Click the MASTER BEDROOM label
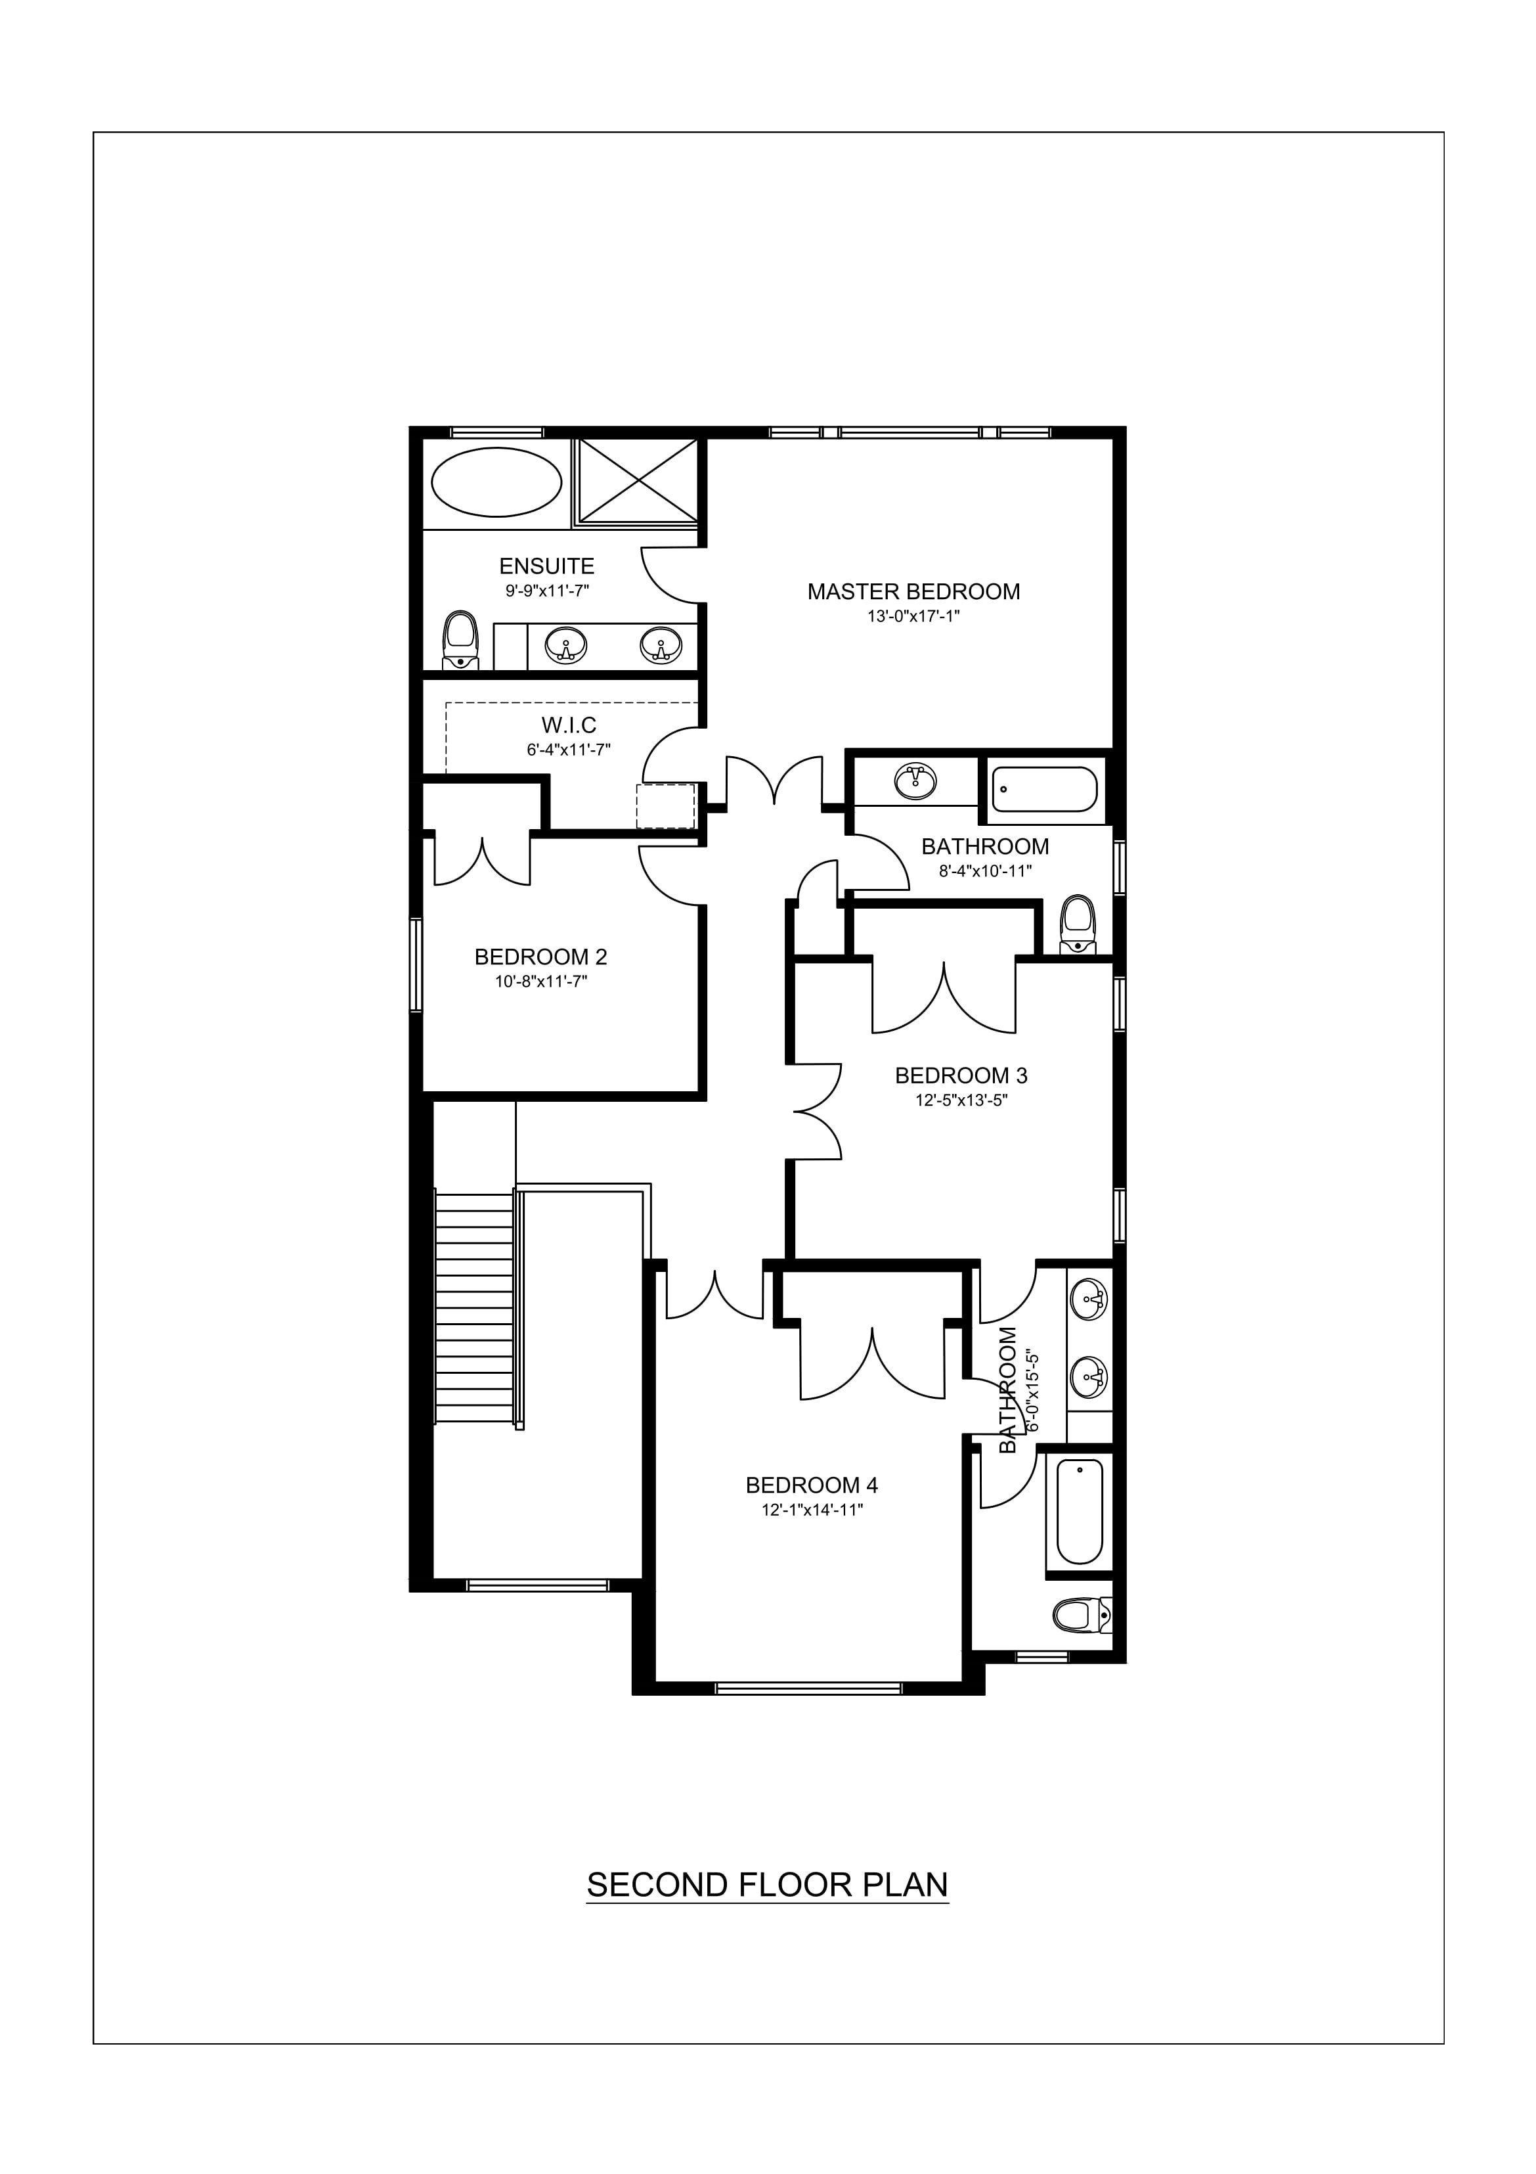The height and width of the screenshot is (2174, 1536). tap(913, 592)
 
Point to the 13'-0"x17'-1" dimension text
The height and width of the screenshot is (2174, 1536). tap(913, 616)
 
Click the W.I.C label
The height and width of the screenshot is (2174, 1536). tap(569, 725)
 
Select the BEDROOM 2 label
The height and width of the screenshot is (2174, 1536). tap(540, 957)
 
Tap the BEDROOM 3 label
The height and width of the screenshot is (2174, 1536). tap(961, 1076)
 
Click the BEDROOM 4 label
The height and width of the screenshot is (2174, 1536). tap(811, 1485)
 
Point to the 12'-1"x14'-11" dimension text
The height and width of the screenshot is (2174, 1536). tap(811, 1511)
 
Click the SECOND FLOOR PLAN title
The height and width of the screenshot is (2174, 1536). tap(766, 1885)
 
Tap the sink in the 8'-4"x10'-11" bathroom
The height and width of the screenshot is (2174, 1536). tap(914, 781)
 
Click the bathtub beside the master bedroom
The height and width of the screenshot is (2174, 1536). tap(1044, 790)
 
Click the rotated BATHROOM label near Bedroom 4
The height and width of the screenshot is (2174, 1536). tap(1009, 1389)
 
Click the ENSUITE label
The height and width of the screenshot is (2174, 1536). tap(546, 566)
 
